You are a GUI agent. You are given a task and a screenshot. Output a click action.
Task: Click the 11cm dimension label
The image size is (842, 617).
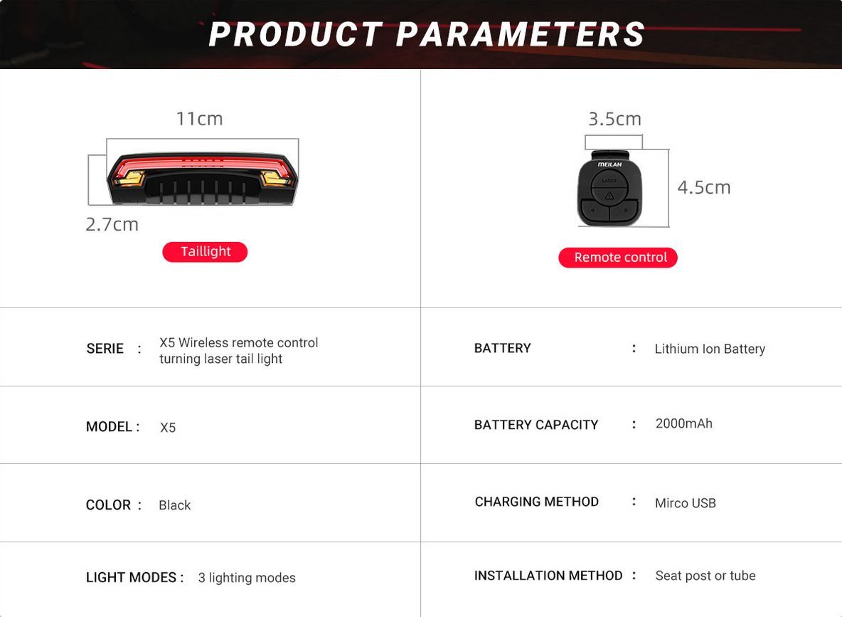(x=199, y=119)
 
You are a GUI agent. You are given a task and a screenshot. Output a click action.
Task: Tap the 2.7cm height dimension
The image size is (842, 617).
(x=112, y=224)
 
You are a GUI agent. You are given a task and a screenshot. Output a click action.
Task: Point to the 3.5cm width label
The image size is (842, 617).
(x=615, y=119)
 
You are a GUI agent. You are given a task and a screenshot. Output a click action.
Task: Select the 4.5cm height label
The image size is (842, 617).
(x=704, y=187)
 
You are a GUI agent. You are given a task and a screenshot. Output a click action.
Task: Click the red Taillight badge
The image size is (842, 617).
(x=205, y=251)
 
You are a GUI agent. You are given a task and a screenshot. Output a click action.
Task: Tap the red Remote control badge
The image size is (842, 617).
(x=617, y=258)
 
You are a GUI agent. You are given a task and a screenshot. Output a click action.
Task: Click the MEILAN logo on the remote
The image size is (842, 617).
(x=609, y=164)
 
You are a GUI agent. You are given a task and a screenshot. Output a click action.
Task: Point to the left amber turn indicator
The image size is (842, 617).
(x=129, y=178)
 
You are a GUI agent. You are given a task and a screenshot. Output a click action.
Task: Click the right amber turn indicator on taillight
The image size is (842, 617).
(x=276, y=178)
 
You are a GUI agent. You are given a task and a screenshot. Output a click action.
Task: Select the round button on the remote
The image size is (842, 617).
(x=609, y=188)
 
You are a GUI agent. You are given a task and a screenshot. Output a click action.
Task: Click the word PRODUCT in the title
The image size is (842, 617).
(x=295, y=34)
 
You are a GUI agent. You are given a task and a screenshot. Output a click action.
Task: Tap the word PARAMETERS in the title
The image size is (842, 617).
(x=520, y=34)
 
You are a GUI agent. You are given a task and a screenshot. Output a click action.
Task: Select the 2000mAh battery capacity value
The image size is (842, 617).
(x=683, y=423)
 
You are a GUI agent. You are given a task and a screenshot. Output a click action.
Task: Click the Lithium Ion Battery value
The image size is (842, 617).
(x=709, y=349)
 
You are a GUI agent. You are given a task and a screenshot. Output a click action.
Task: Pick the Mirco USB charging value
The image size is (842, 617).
(x=686, y=503)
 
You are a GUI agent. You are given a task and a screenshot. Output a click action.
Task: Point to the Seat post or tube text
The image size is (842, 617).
(x=705, y=576)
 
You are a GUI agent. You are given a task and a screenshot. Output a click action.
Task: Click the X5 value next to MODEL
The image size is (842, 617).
(x=168, y=427)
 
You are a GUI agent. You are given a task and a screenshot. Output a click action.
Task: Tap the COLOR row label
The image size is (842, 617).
(x=109, y=505)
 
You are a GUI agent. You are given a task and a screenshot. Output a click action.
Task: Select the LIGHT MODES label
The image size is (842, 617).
(x=131, y=577)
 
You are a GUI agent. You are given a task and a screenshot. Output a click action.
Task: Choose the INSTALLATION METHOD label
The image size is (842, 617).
(x=548, y=576)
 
